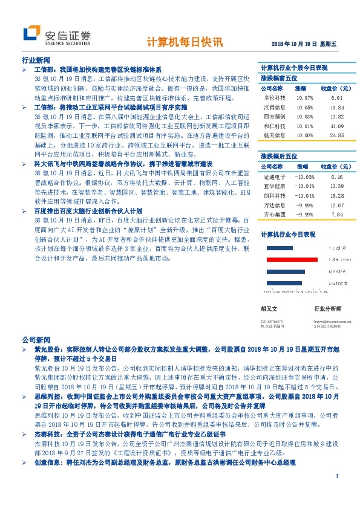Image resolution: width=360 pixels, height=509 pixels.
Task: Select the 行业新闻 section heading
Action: click(36, 62)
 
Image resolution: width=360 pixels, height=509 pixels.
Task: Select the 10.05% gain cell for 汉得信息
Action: click(305, 107)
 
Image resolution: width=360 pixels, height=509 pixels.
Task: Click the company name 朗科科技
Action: click(273, 196)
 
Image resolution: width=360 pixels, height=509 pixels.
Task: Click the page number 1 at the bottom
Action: click(336, 493)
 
